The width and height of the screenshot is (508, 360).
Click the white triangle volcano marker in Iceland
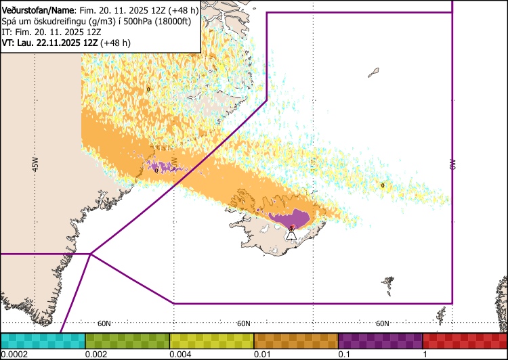pyautogui.click(x=291, y=234)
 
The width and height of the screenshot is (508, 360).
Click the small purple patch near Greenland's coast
pyautogui.click(x=163, y=165)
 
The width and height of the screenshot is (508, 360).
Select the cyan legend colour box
pyautogui.click(x=43, y=340)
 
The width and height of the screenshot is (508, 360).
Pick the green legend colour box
pyautogui.click(x=127, y=340)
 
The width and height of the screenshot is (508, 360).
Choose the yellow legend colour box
pyautogui.click(x=211, y=340)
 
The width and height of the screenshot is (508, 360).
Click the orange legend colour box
pyautogui.click(x=295, y=340)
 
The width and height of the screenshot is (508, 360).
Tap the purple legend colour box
pyautogui.click(x=380, y=340)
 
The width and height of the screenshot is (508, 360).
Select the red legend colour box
pyautogui.click(x=465, y=340)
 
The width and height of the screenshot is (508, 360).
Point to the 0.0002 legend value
pyautogui.click(x=14, y=355)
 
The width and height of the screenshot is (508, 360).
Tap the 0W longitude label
pyautogui.click(x=452, y=164)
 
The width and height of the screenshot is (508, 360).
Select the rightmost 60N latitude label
pyautogui.click(x=382, y=323)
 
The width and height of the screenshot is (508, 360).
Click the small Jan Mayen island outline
pyautogui.click(x=373, y=72)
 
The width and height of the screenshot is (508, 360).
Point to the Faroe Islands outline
pyautogui.click(x=387, y=281)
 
